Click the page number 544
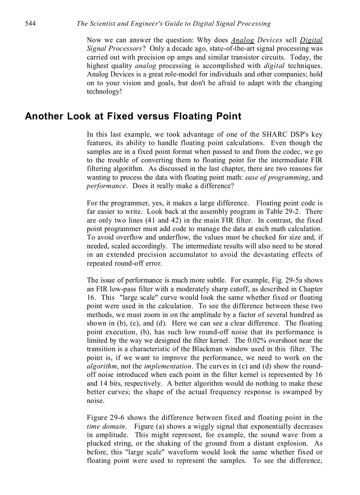click(30, 23)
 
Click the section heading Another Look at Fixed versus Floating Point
click(133, 116)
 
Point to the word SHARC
click(275, 134)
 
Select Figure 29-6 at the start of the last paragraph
click(105, 418)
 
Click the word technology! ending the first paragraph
click(104, 92)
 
